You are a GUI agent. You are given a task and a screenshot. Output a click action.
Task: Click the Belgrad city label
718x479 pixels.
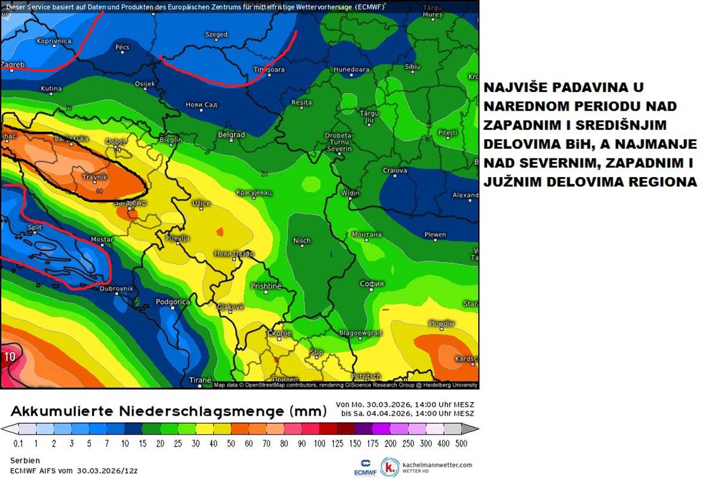pyautogui.click(x=231, y=135)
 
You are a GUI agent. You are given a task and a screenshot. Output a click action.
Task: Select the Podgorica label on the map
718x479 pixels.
pyautogui.click(x=172, y=302)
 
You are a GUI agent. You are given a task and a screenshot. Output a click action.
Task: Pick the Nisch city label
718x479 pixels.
pyautogui.click(x=302, y=240)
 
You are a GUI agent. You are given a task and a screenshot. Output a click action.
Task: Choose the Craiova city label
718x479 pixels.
pyautogui.click(x=395, y=170)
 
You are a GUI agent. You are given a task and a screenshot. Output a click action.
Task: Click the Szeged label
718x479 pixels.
pyautogui.click(x=216, y=35)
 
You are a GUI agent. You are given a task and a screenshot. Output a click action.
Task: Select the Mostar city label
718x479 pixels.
pyautogui.click(x=101, y=239)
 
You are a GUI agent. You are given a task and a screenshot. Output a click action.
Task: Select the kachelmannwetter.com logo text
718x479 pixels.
pyautogui.click(x=437, y=465)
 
